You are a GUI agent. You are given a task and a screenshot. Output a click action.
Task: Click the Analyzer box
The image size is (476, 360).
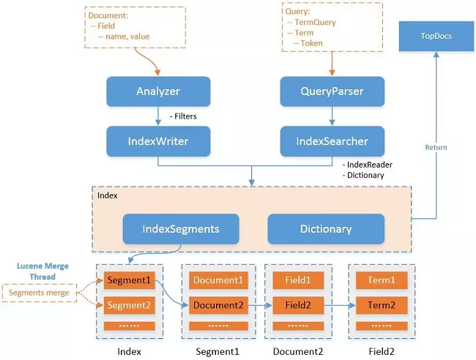pyautogui.click(x=158, y=92)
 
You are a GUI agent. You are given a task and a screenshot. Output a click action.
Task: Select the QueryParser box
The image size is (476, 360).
pyautogui.click(x=332, y=92)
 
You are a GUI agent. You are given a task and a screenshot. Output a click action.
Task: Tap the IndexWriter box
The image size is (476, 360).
pyautogui.click(x=158, y=140)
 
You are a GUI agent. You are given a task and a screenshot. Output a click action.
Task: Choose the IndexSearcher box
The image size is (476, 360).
pyautogui.click(x=332, y=140)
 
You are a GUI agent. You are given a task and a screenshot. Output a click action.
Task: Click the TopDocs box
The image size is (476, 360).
pyautogui.click(x=436, y=37)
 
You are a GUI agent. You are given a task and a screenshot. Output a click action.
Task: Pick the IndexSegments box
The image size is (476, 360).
pyautogui.click(x=181, y=228)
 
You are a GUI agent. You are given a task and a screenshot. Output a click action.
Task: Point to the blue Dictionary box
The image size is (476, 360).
pyautogui.click(x=326, y=228)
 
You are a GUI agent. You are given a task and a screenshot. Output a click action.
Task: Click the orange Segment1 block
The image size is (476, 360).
pyautogui.click(x=129, y=280)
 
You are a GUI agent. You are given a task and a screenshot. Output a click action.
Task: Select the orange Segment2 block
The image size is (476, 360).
pyautogui.click(x=129, y=305)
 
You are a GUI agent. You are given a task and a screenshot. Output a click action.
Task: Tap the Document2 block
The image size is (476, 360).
pyautogui.click(x=217, y=305)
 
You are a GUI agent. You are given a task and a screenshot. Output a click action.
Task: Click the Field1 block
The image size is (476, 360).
pyautogui.click(x=297, y=280)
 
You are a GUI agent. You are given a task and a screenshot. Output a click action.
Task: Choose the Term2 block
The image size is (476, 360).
pyautogui.click(x=381, y=305)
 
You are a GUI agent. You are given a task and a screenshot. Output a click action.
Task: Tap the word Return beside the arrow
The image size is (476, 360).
pyautogui.click(x=436, y=147)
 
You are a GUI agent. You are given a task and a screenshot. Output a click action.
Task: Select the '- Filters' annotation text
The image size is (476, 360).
pyautogui.click(x=183, y=116)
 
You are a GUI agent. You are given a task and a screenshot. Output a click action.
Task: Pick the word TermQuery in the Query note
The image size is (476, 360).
pyautogui.click(x=316, y=23)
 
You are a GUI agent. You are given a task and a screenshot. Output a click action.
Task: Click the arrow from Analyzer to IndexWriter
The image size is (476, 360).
pyautogui.click(x=158, y=116)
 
